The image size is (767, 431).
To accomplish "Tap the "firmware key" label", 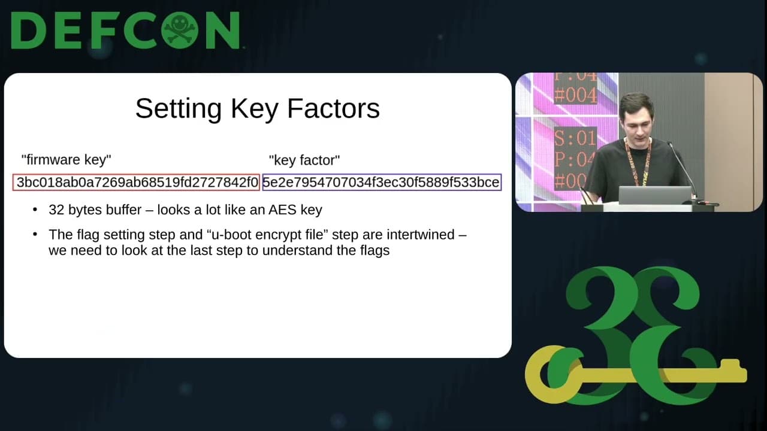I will (66, 160).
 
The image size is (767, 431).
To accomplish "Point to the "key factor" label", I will (304, 160).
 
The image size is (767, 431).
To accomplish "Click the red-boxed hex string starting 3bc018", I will (137, 183).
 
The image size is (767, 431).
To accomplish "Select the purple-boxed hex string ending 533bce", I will (382, 183).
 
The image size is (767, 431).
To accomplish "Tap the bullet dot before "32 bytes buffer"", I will (37, 210).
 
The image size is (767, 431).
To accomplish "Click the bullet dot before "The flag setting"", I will (37, 235).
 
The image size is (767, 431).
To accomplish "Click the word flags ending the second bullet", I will (372, 250).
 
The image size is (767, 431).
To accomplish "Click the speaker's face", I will (636, 119).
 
